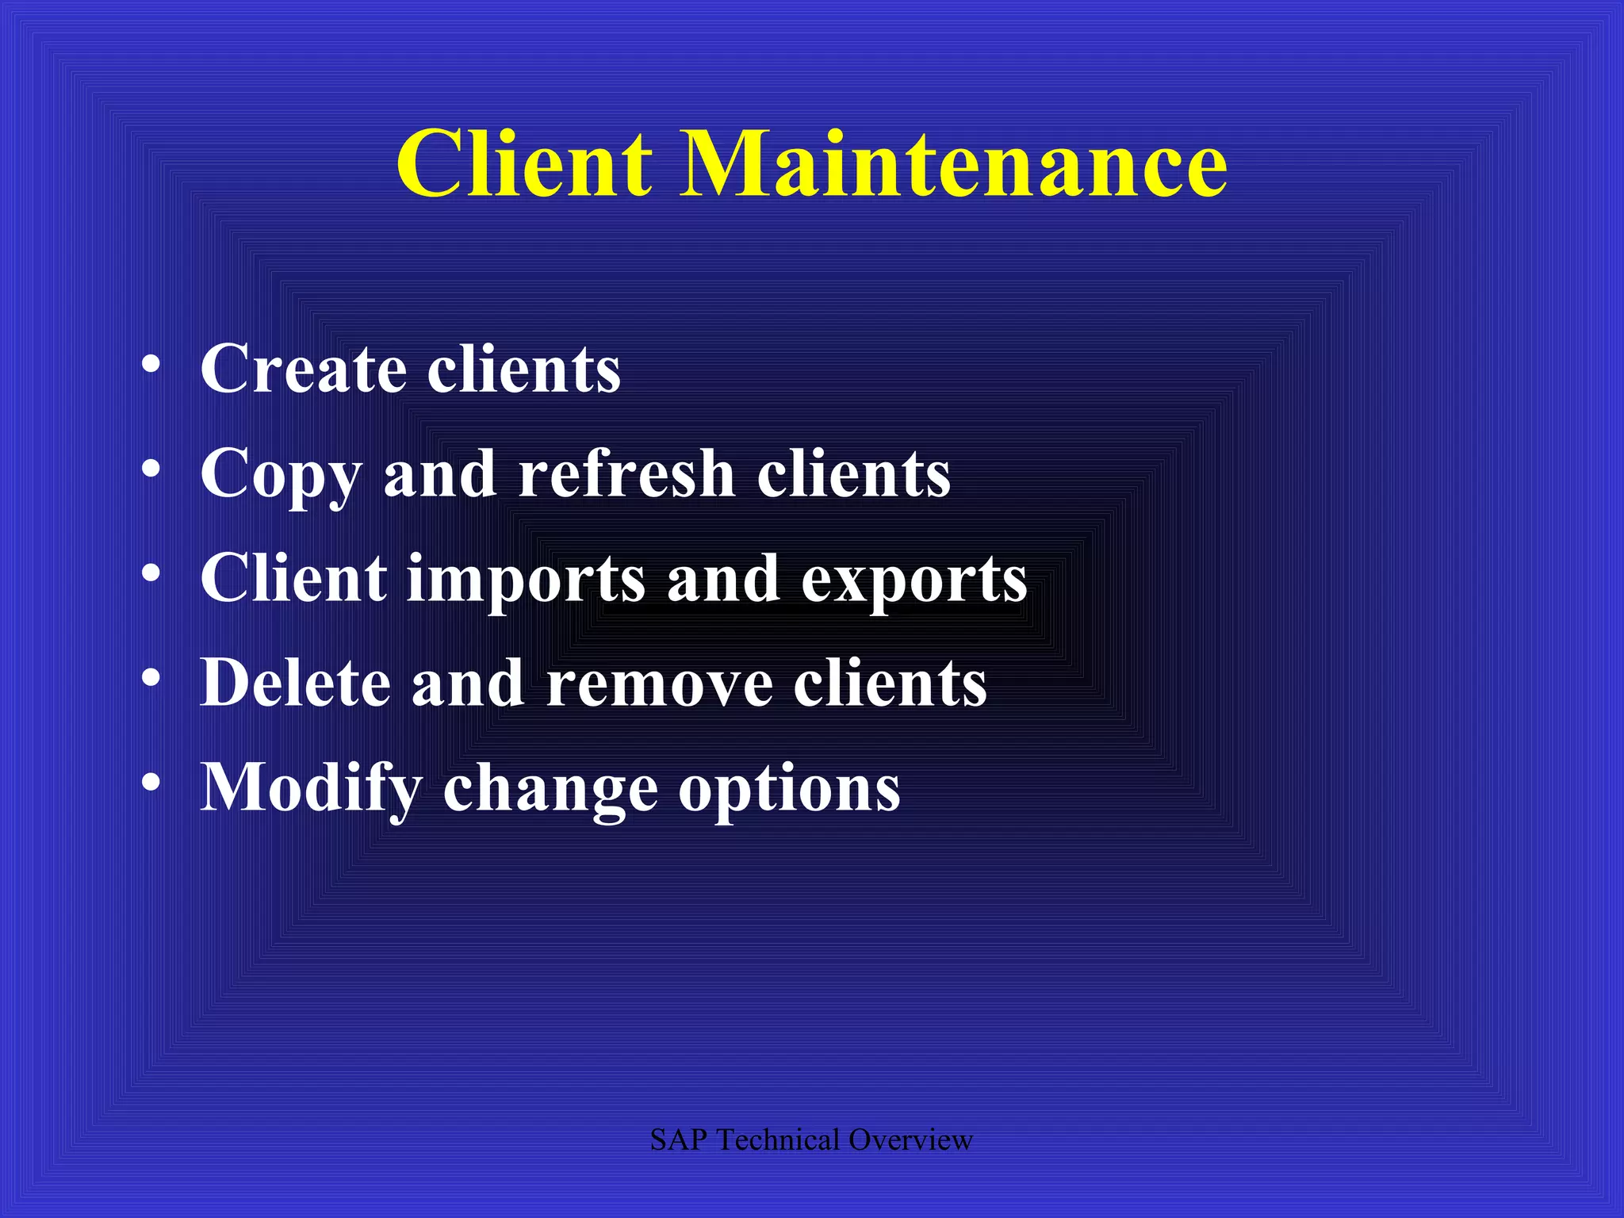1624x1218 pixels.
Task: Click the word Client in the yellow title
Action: (524, 163)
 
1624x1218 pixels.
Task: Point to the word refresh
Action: (626, 473)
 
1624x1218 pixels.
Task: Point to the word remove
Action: (660, 684)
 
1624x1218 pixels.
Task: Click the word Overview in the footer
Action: (910, 1140)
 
